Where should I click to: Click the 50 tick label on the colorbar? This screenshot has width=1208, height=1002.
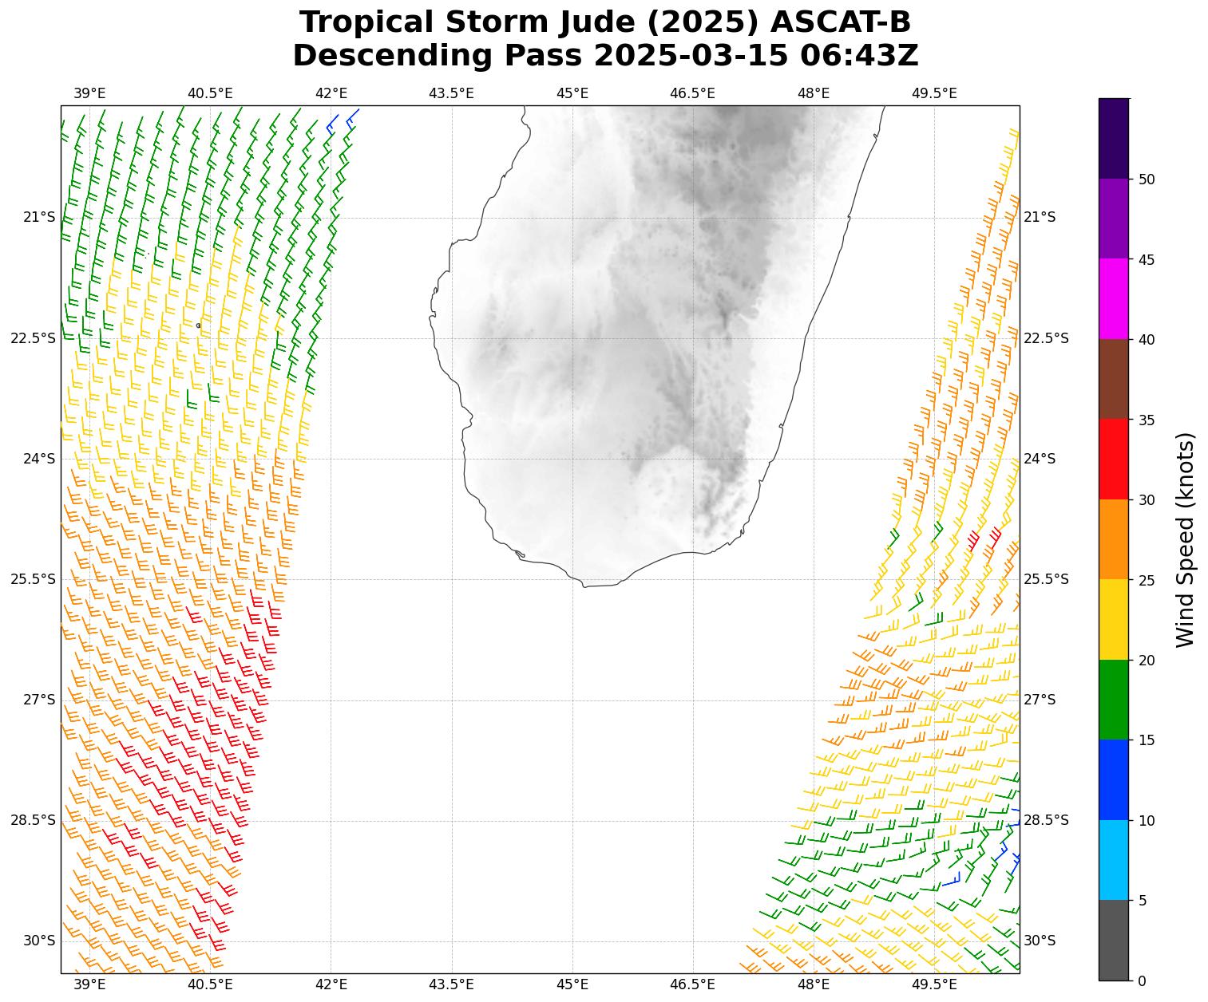tap(1147, 179)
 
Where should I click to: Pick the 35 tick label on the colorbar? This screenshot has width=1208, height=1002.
tap(1147, 420)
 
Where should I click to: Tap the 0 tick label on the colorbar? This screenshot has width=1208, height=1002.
tap(1143, 980)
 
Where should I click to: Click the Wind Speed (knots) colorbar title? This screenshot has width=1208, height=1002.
tap(1186, 540)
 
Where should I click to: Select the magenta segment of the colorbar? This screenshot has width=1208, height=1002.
tap(1114, 299)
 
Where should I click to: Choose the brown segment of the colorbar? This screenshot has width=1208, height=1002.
tap(1114, 379)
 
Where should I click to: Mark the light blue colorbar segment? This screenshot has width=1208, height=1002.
tap(1114, 860)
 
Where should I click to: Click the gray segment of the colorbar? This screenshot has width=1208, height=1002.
tap(1114, 941)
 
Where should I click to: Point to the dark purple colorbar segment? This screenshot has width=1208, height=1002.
tap(1114, 138)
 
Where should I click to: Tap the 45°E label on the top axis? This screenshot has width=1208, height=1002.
tap(572, 93)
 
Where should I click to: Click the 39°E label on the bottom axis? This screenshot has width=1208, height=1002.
tap(89, 984)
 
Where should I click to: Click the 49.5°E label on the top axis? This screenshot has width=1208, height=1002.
tap(934, 93)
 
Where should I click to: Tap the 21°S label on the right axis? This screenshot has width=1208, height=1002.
tap(1040, 217)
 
